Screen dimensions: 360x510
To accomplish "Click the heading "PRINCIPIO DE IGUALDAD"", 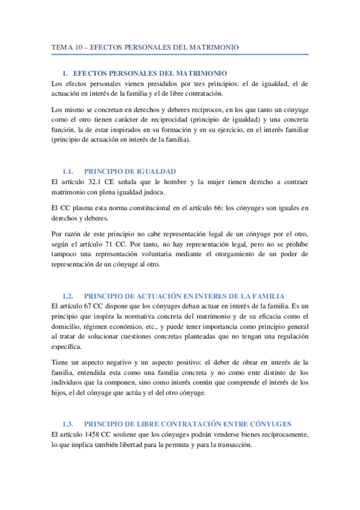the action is click(x=130, y=171).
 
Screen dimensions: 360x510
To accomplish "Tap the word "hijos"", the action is click(x=60, y=393).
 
